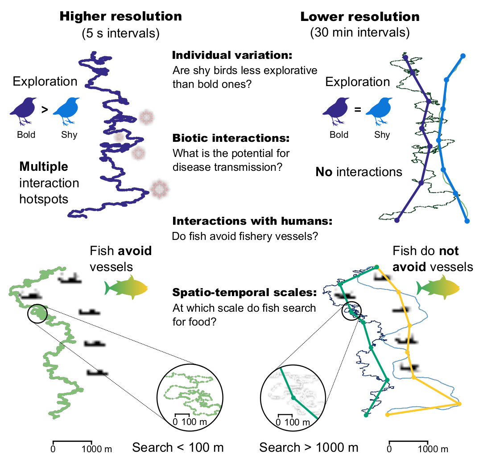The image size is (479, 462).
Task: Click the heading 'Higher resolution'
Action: (x=121, y=17)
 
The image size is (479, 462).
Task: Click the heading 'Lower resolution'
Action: (x=360, y=17)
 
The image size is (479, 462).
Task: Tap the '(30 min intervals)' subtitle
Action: (x=360, y=33)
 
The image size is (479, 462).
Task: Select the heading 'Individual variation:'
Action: (x=232, y=56)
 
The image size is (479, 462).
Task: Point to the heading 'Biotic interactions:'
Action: (x=231, y=138)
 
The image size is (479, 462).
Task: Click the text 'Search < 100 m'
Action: (x=178, y=448)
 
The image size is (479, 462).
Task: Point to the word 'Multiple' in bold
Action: (x=44, y=167)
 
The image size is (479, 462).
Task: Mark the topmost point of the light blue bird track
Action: (x=462, y=56)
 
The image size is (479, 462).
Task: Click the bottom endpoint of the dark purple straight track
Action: (x=397, y=219)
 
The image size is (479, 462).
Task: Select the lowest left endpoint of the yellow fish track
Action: (x=387, y=415)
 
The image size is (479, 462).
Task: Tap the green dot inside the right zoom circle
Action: (x=293, y=397)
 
